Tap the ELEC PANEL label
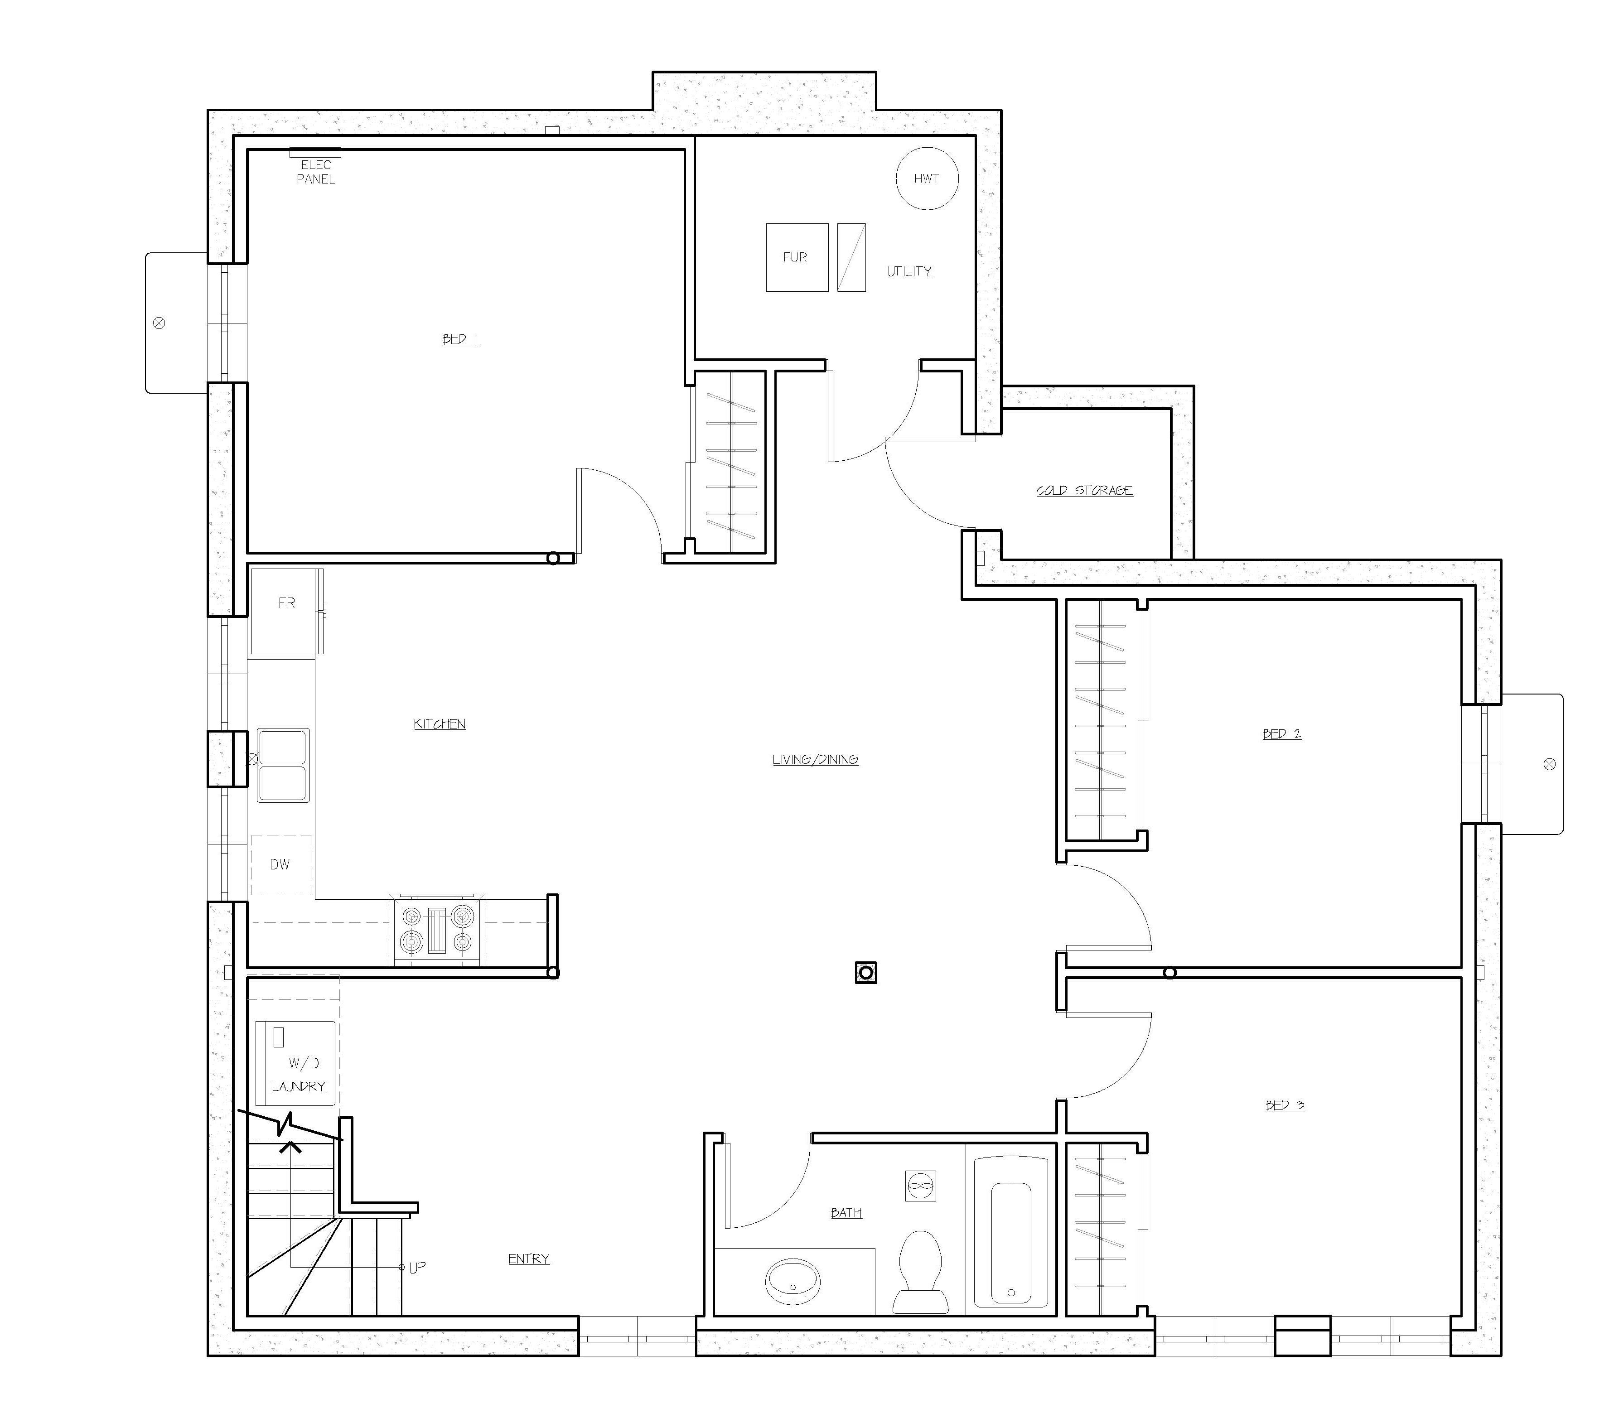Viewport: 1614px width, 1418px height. point(316,172)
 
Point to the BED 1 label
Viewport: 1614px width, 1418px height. point(459,339)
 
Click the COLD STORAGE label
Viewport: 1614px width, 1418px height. point(1084,490)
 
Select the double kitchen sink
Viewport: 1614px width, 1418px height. point(283,765)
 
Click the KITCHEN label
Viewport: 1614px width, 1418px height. point(440,724)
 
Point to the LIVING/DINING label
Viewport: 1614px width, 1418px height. point(815,760)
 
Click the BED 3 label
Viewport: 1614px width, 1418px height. point(1285,1105)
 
